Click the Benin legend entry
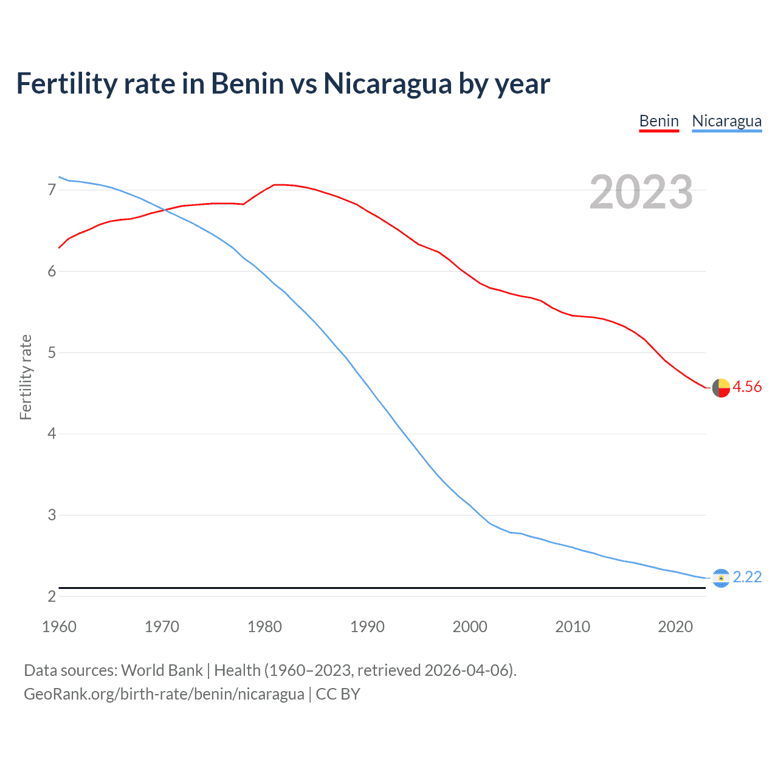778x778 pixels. tap(659, 121)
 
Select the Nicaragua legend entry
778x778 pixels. tap(726, 121)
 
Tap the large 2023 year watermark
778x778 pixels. tap(641, 192)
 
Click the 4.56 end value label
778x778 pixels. tap(747, 387)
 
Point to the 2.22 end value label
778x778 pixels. tap(747, 577)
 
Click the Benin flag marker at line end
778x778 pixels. tap(721, 388)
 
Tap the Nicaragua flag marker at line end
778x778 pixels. tap(721, 578)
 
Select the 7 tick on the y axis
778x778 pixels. tap(52, 190)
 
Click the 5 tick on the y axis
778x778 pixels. tap(52, 353)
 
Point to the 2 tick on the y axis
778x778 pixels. tap(52, 596)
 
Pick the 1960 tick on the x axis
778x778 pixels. tap(59, 627)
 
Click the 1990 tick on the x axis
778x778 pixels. tap(367, 627)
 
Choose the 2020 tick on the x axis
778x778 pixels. tap(675, 627)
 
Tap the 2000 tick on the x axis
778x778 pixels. tap(470, 627)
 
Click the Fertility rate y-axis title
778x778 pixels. tap(26, 377)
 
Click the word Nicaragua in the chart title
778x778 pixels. tap(387, 83)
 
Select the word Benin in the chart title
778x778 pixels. tap(247, 83)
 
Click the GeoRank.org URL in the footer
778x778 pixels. tap(164, 694)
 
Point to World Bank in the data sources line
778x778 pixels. tap(162, 670)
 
